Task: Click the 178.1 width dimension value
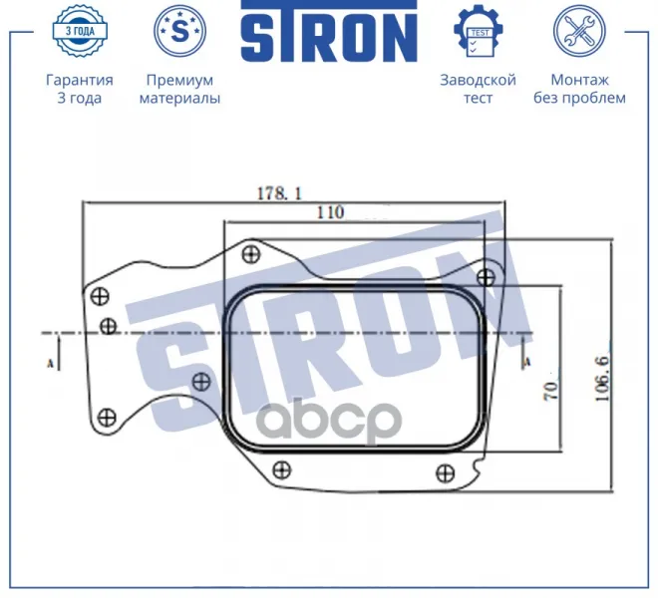279,193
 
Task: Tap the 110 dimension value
330,212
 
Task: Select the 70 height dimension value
551,391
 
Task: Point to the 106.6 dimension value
602,379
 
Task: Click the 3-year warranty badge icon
80,31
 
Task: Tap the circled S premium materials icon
179,31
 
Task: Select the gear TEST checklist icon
478,31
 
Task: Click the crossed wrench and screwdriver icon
579,31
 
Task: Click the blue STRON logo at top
329,31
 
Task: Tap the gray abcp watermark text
329,419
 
